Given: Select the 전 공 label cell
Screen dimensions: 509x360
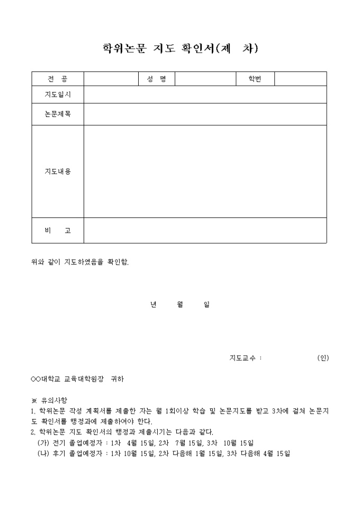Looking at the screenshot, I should click(x=58, y=79).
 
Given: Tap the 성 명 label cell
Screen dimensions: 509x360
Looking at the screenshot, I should click(x=156, y=79).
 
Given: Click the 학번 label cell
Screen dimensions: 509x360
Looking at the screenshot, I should click(x=255, y=79).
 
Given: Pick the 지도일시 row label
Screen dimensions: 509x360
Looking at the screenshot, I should click(x=58, y=95).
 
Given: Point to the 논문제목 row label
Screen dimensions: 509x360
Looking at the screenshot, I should click(x=58, y=114).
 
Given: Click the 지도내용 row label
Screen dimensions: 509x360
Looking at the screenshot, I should click(x=58, y=171).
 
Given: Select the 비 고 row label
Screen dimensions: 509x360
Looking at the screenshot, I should click(x=58, y=231).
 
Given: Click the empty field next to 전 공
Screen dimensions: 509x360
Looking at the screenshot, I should click(x=111, y=79).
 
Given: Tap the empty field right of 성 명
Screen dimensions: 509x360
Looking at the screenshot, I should click(x=205, y=79).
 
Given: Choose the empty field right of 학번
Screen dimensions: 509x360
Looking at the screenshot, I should click(x=300, y=79).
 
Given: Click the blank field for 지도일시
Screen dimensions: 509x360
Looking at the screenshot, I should click(x=205, y=95).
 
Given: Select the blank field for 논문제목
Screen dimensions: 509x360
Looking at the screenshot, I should click(x=205, y=114).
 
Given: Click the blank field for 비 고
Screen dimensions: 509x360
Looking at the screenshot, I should click(x=205, y=231).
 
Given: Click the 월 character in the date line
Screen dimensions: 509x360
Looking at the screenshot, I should click(x=179, y=305).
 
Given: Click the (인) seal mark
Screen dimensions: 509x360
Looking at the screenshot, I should click(x=323, y=358).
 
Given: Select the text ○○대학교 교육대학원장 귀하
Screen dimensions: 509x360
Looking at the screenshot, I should click(x=77, y=379).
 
